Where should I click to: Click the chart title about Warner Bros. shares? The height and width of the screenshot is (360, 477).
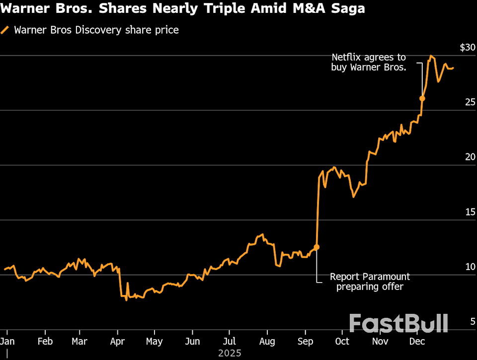point(182,9)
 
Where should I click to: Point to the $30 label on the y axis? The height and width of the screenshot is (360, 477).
point(467,48)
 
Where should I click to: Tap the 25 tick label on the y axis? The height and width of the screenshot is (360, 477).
point(470,102)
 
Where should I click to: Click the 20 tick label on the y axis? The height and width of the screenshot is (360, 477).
point(470,157)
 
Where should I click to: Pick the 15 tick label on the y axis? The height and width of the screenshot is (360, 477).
point(470,212)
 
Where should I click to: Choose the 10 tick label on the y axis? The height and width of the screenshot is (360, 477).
point(470,267)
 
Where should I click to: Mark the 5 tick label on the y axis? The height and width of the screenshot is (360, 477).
point(473,322)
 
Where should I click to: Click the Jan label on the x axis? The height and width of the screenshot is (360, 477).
point(7,342)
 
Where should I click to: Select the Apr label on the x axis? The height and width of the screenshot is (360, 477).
point(117,342)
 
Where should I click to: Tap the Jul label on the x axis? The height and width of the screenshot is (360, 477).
point(229,342)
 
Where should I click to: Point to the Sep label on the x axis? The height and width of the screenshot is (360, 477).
point(305,342)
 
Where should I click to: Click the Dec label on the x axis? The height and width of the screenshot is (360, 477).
point(417,342)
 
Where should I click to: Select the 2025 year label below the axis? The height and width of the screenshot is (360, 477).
point(229,353)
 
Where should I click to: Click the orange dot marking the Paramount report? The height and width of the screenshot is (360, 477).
point(317,247)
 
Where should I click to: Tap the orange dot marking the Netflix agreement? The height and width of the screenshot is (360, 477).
point(422,98)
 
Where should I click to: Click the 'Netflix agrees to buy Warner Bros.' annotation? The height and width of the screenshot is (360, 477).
point(369,63)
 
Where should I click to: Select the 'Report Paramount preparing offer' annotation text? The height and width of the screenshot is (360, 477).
point(370,282)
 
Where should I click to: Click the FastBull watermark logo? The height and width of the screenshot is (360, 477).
point(398,323)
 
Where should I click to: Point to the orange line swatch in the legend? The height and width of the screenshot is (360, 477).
point(5,30)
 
